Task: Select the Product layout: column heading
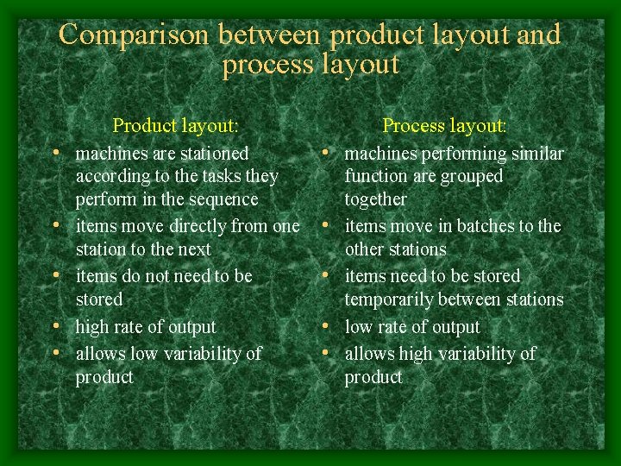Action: (175, 125)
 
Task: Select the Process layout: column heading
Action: (444, 125)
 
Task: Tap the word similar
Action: (537, 154)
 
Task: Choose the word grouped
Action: (472, 176)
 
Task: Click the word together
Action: (375, 199)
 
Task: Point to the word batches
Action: (487, 226)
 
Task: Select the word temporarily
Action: (389, 299)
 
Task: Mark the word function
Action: (376, 176)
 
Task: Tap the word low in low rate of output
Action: (358, 327)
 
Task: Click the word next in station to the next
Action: (194, 249)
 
